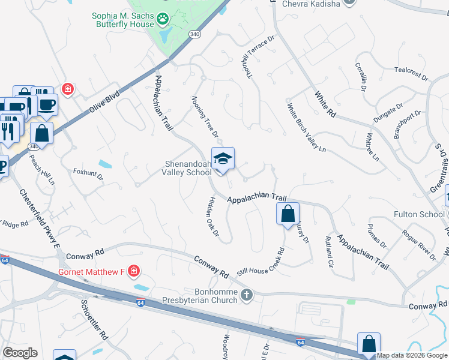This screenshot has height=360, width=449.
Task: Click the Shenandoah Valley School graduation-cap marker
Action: [223, 159]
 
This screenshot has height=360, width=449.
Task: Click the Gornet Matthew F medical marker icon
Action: [133, 272]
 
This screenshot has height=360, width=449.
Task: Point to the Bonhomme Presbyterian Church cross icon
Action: [247, 295]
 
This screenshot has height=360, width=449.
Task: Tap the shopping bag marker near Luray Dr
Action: [288, 213]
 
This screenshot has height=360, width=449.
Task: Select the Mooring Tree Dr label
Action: [205, 116]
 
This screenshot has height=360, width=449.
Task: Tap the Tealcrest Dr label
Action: [411, 73]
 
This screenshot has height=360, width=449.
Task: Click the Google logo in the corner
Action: [20, 352]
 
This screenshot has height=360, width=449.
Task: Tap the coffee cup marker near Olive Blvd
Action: [47, 104]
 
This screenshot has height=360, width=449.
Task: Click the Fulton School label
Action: [419, 214]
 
